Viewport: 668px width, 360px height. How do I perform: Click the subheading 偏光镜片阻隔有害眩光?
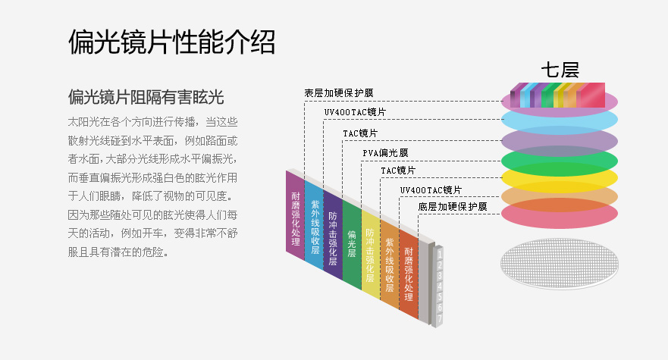click(x=146, y=97)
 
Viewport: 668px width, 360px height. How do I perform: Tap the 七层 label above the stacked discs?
click(x=560, y=70)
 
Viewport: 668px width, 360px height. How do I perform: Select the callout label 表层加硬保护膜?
click(x=338, y=93)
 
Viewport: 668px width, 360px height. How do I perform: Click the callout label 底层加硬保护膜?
click(x=452, y=206)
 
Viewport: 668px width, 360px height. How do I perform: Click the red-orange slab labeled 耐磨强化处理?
click(x=409, y=274)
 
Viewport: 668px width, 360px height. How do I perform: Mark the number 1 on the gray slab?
click(x=439, y=255)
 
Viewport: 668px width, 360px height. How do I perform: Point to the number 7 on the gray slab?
click(x=439, y=319)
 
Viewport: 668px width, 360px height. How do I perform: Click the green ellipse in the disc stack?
click(x=560, y=161)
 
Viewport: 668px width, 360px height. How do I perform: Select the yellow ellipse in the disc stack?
click(x=560, y=180)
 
